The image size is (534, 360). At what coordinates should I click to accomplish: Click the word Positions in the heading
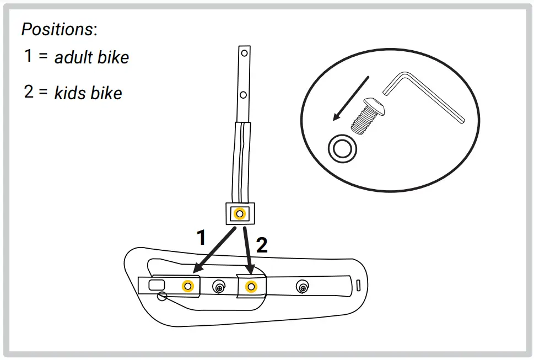click(57, 29)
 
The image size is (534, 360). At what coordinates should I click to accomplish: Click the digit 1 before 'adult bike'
click(29, 56)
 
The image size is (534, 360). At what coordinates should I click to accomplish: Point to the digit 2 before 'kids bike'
click(29, 92)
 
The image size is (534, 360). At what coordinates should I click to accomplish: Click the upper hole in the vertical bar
click(243, 55)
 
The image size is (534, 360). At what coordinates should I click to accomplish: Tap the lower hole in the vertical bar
click(243, 95)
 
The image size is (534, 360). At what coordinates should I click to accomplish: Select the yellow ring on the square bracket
click(240, 213)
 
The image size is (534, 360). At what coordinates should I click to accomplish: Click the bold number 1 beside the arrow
click(202, 238)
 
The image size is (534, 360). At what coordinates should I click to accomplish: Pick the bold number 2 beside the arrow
click(262, 245)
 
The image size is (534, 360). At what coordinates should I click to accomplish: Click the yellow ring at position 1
click(188, 286)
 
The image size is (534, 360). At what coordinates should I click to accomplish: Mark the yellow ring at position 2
click(251, 286)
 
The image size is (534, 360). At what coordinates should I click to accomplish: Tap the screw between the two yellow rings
click(219, 286)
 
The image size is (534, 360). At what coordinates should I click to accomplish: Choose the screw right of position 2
click(302, 286)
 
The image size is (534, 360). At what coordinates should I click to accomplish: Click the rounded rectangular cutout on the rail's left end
click(157, 284)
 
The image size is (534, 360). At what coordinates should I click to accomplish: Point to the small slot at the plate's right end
click(357, 285)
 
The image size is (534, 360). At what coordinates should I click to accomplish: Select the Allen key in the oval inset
click(424, 96)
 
